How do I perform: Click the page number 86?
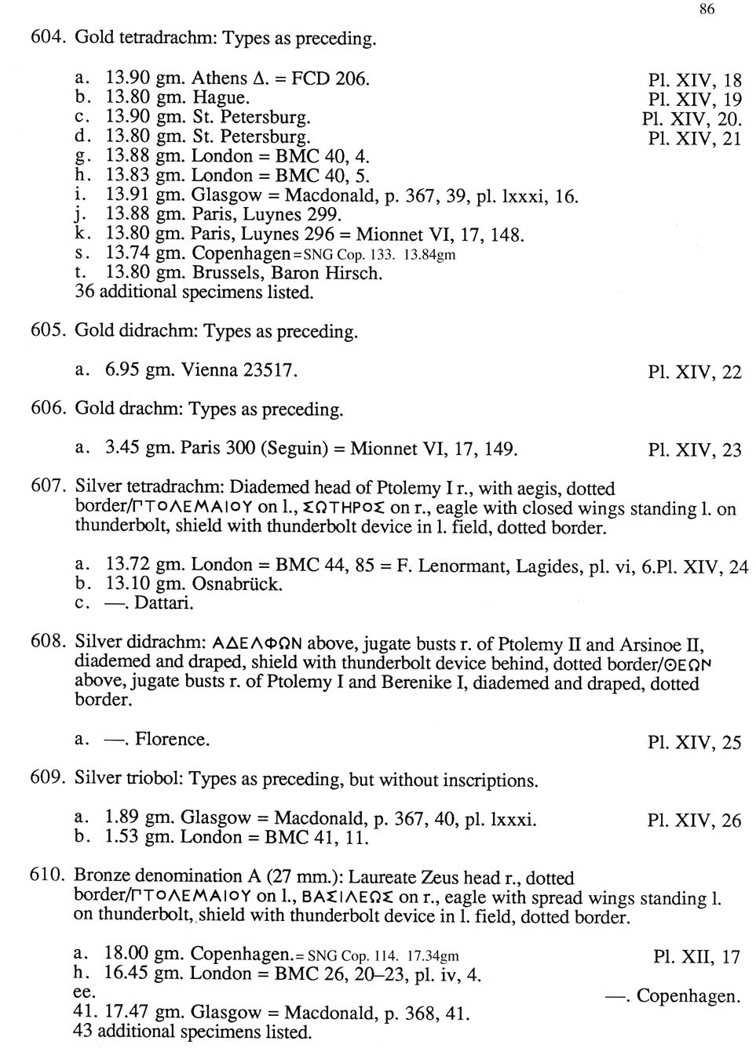tap(706, 9)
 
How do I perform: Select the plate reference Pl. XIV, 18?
tap(694, 80)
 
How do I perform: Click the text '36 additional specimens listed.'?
tap(193, 293)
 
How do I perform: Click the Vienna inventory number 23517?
tap(270, 370)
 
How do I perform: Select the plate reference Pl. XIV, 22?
tap(694, 372)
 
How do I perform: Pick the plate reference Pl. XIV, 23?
tap(694, 450)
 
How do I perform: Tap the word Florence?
tap(172, 739)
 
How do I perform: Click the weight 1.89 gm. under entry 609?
tap(137, 818)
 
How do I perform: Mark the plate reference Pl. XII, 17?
tap(696, 957)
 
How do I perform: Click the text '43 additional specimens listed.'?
tap(192, 1032)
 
